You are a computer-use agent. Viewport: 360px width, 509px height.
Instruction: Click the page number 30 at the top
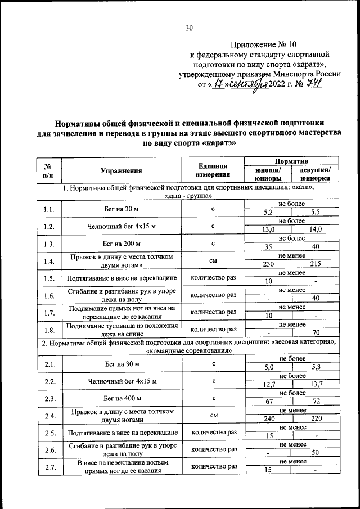pos(189,28)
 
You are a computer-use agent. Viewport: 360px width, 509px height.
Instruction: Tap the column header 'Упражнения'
pos(121,171)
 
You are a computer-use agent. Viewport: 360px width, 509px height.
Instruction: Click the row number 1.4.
pos(49,262)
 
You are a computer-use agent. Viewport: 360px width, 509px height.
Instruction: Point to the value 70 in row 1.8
pos(316,332)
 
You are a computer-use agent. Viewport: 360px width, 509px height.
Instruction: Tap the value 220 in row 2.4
pos(316,419)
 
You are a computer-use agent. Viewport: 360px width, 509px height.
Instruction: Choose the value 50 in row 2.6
pos(316,453)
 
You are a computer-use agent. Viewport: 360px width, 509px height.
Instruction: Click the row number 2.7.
pos(49,467)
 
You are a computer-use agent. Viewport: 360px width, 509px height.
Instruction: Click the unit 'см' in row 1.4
pos(214,261)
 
